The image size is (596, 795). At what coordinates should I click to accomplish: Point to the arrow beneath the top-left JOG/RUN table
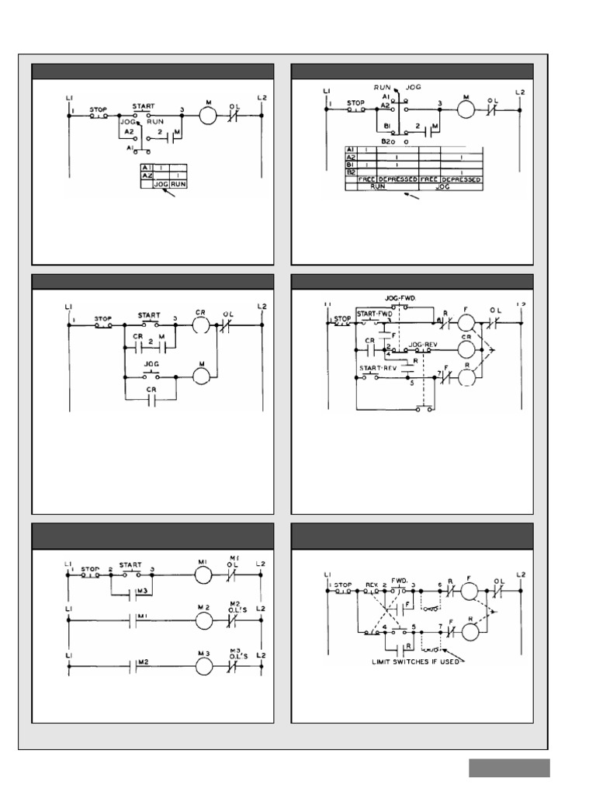[x=166, y=194]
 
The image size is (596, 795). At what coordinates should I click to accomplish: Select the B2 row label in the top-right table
[x=350, y=172]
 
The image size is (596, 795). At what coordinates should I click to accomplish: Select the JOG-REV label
[x=424, y=342]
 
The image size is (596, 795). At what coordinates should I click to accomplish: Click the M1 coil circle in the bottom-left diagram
[x=202, y=576]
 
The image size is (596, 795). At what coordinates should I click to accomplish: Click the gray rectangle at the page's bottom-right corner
[x=509, y=768]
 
